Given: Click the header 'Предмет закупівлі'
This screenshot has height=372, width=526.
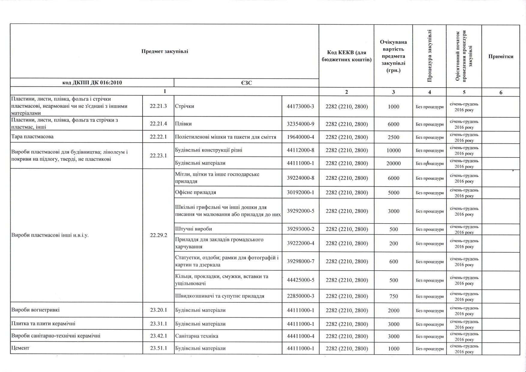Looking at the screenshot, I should (x=165, y=51).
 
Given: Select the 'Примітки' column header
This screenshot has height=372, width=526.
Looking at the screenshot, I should (x=500, y=56).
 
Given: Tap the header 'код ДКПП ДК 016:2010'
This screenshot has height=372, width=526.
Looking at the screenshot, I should (x=92, y=82).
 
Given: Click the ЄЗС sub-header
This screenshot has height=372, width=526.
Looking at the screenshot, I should (x=246, y=82).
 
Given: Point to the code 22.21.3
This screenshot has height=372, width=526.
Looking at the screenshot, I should (x=158, y=106).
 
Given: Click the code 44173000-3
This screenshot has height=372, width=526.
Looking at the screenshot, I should (x=300, y=106).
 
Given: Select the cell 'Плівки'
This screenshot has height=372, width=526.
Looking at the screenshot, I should (x=183, y=124).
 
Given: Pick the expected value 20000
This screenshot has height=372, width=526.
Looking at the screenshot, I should (x=393, y=163).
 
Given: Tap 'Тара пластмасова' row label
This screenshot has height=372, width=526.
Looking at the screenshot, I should (x=32, y=136).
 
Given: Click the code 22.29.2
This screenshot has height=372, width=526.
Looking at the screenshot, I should (x=158, y=235).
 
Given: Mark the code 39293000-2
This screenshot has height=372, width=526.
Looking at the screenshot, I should (x=300, y=229).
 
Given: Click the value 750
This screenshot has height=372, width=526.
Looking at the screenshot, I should (x=393, y=296).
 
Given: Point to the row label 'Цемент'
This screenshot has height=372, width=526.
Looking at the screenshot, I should (x=20, y=348).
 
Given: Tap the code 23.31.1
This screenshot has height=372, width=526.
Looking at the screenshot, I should (x=158, y=324).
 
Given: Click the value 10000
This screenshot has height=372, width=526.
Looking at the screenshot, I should (x=393, y=150).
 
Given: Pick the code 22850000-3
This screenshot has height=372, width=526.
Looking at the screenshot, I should (x=300, y=296).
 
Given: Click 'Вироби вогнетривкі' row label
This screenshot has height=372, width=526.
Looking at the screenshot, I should (x=33, y=310).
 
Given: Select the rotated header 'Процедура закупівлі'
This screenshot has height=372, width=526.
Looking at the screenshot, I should (x=429, y=56).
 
